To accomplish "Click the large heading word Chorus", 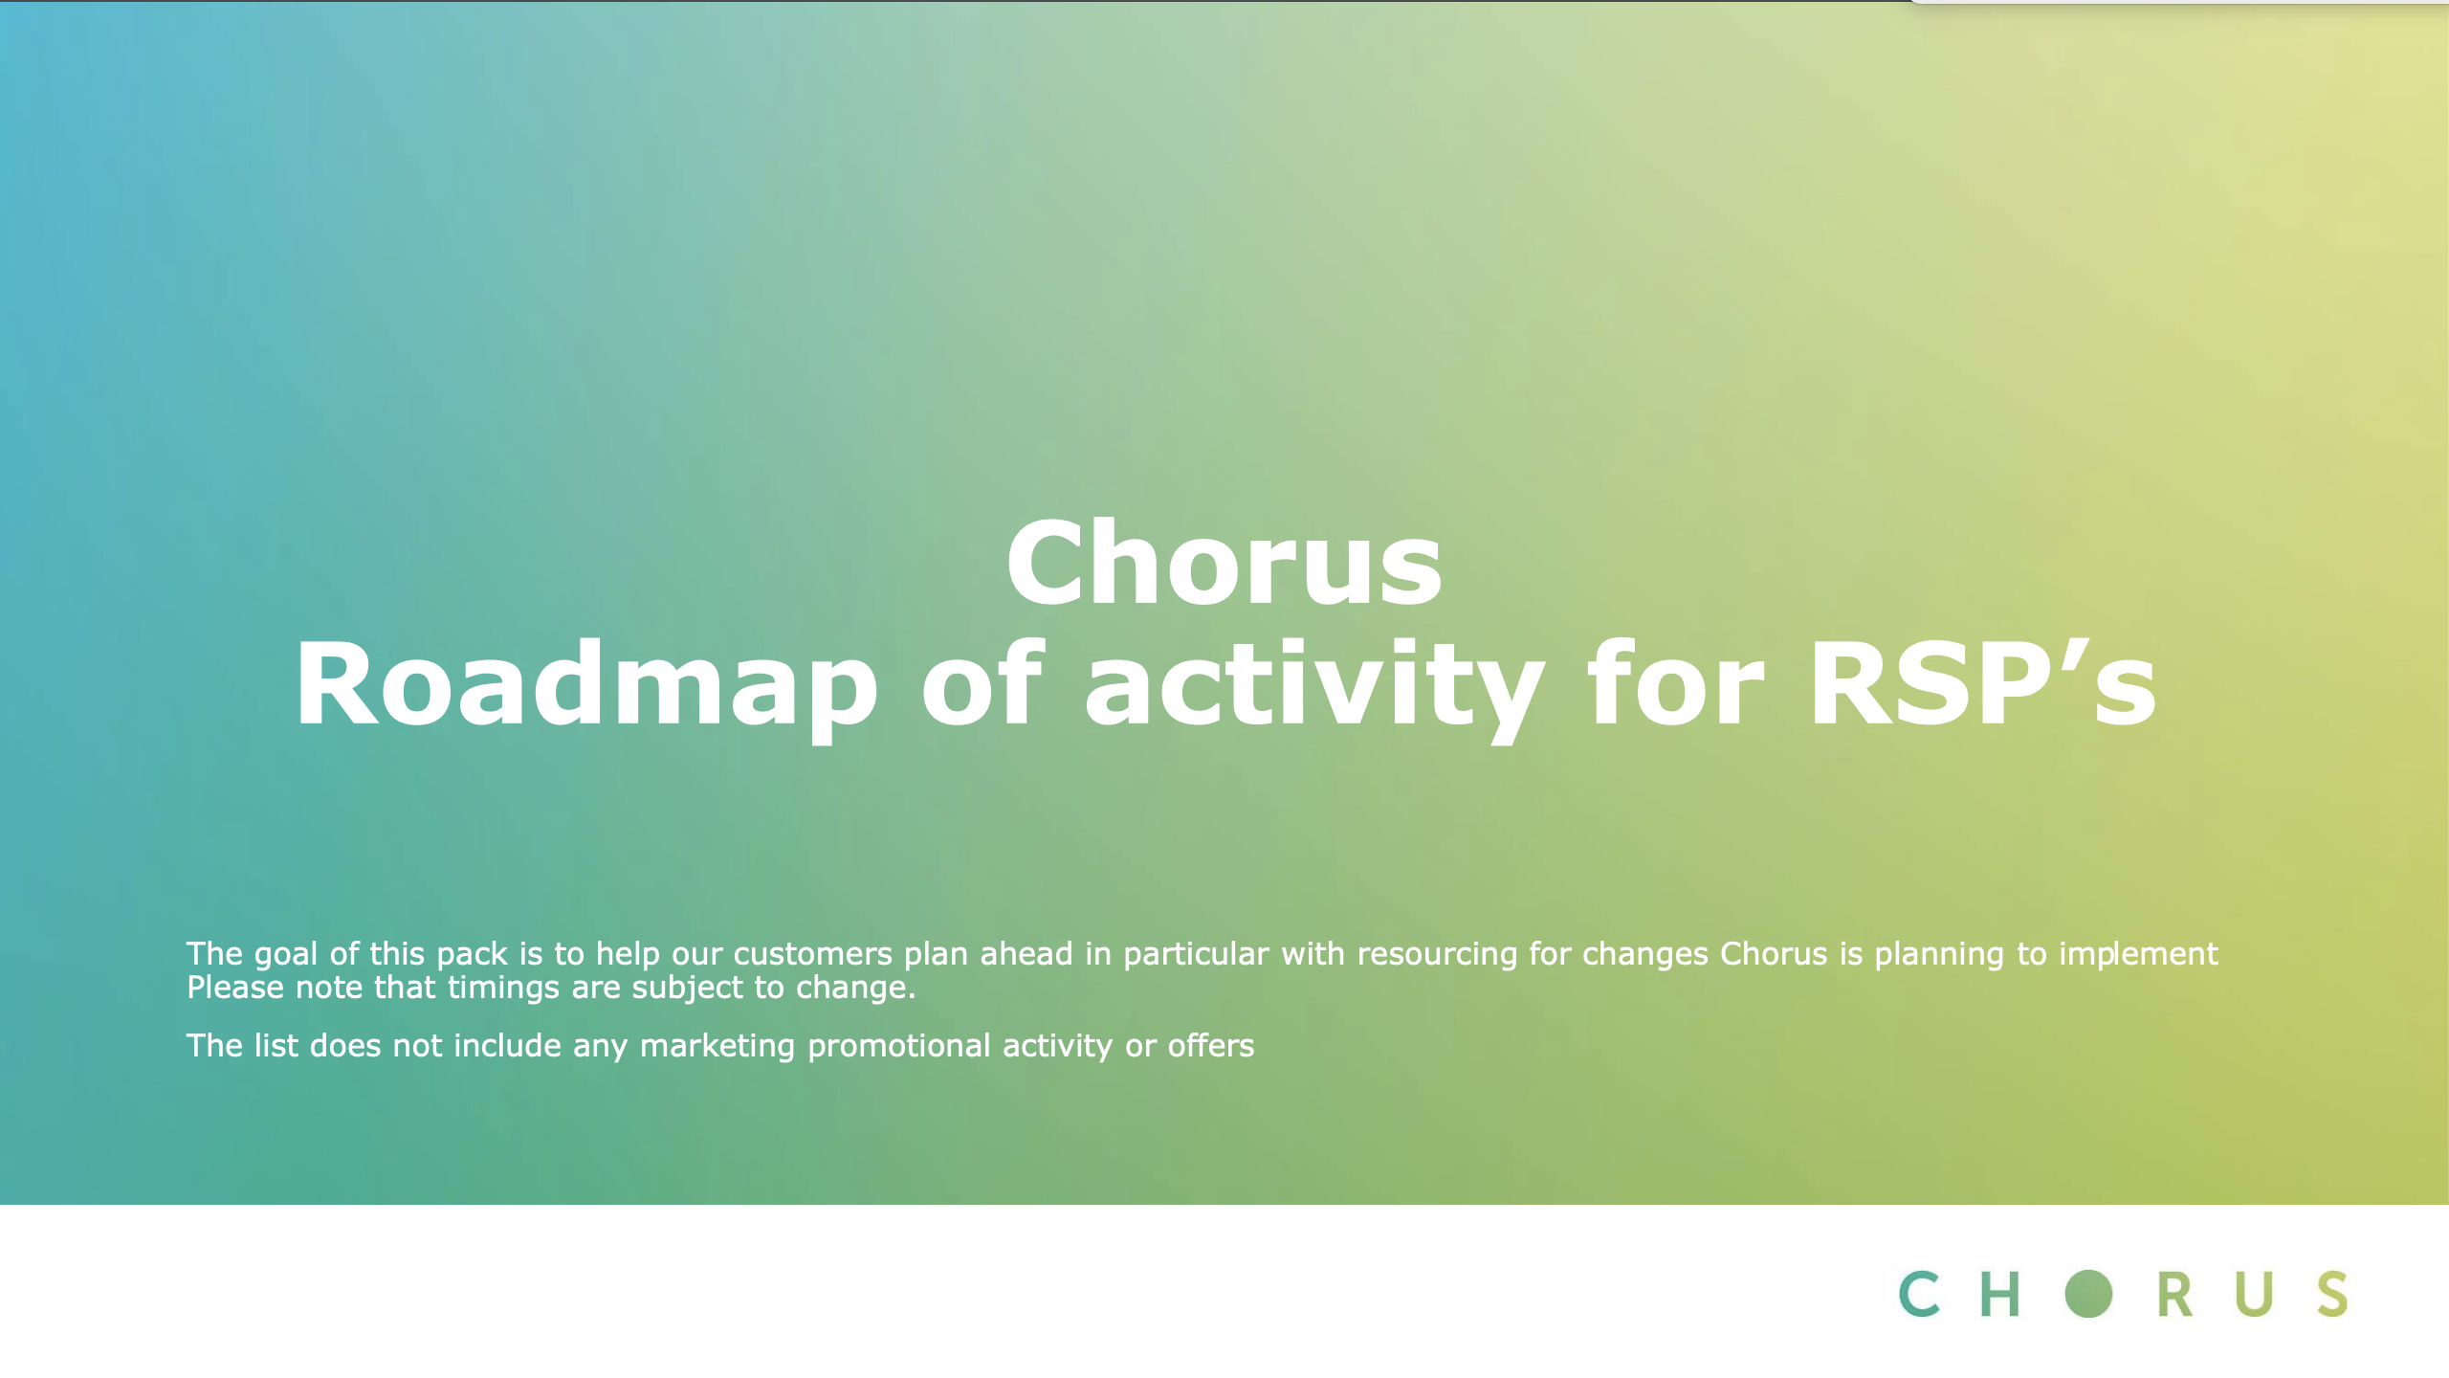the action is pyautogui.click(x=1224, y=563).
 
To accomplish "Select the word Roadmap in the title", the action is pyautogui.click(x=586, y=684).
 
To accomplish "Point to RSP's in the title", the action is pyautogui.click(x=1983, y=682).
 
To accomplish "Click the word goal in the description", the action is pyautogui.click(x=285, y=955).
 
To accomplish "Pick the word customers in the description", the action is pyautogui.click(x=812, y=954).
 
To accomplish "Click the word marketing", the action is pyautogui.click(x=717, y=1047).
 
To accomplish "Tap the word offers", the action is pyautogui.click(x=1210, y=1046).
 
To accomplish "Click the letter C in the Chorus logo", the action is pyautogui.click(x=1919, y=1294).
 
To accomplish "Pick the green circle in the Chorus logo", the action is pyautogui.click(x=2088, y=1294).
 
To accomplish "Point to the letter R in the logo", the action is pyautogui.click(x=2173, y=1295).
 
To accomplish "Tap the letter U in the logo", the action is pyautogui.click(x=2253, y=1295).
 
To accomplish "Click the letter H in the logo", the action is pyautogui.click(x=1999, y=1295).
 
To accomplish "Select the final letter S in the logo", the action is pyautogui.click(x=2332, y=1294).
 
